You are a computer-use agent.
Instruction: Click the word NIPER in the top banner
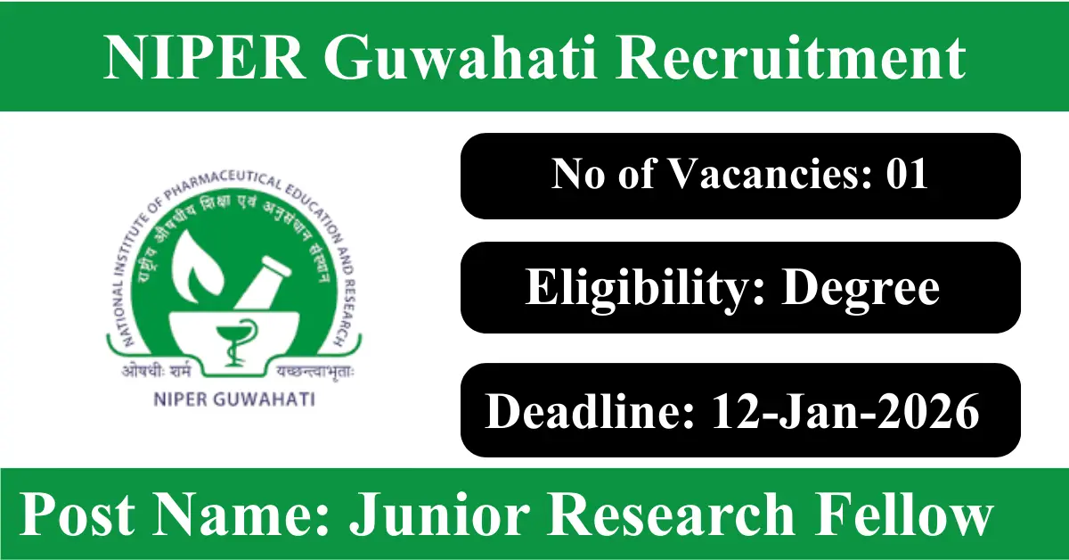[205, 58]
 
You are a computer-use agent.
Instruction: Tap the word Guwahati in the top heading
[461, 58]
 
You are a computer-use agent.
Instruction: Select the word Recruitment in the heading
[791, 58]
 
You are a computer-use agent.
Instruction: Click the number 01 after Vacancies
[907, 174]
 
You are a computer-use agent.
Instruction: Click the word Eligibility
[645, 288]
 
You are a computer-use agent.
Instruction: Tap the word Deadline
[589, 411]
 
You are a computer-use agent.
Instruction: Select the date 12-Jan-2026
[845, 411]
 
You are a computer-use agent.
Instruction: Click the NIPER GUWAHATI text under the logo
[233, 399]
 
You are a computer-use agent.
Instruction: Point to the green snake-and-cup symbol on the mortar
[234, 342]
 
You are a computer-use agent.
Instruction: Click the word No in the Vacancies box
[578, 174]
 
